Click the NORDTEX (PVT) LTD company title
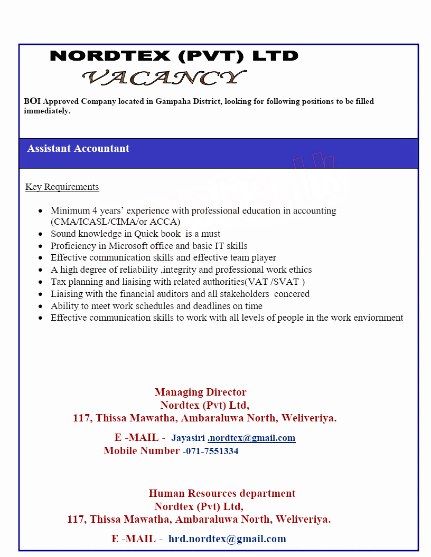coord(174,56)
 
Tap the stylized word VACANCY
coord(164,78)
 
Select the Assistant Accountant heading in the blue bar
coord(78,149)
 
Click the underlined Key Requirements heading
coord(62,187)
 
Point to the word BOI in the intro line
coord(32,101)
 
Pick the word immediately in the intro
coord(46,111)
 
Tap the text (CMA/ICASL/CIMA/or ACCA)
coord(115,222)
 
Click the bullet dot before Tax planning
coord(41,282)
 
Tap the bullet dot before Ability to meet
coord(41,306)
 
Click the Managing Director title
coord(200,392)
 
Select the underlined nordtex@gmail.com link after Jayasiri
coord(252,438)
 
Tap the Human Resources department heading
coord(222,493)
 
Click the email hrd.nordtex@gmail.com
coord(227,539)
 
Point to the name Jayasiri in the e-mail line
coord(189,438)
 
